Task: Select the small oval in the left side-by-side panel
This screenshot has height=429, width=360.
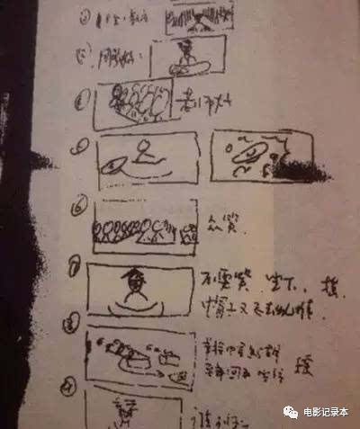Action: point(114,165)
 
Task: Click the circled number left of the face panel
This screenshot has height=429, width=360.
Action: point(76,268)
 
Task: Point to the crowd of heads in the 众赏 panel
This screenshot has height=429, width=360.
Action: point(144,232)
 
